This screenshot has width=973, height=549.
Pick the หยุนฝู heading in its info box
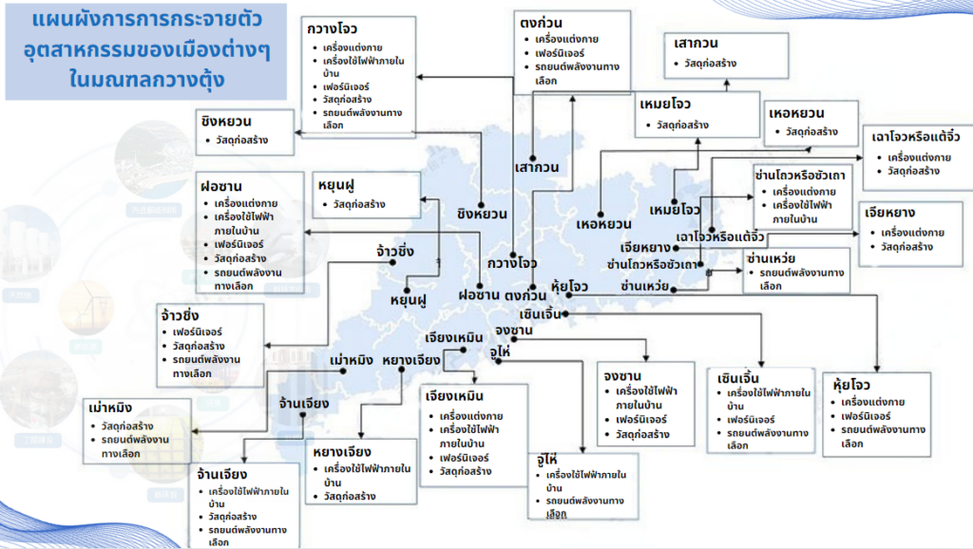[341, 183]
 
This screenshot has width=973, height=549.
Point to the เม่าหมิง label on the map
[352, 361]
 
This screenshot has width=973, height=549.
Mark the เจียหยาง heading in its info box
[890, 212]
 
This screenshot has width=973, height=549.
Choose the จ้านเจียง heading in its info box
[221, 474]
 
